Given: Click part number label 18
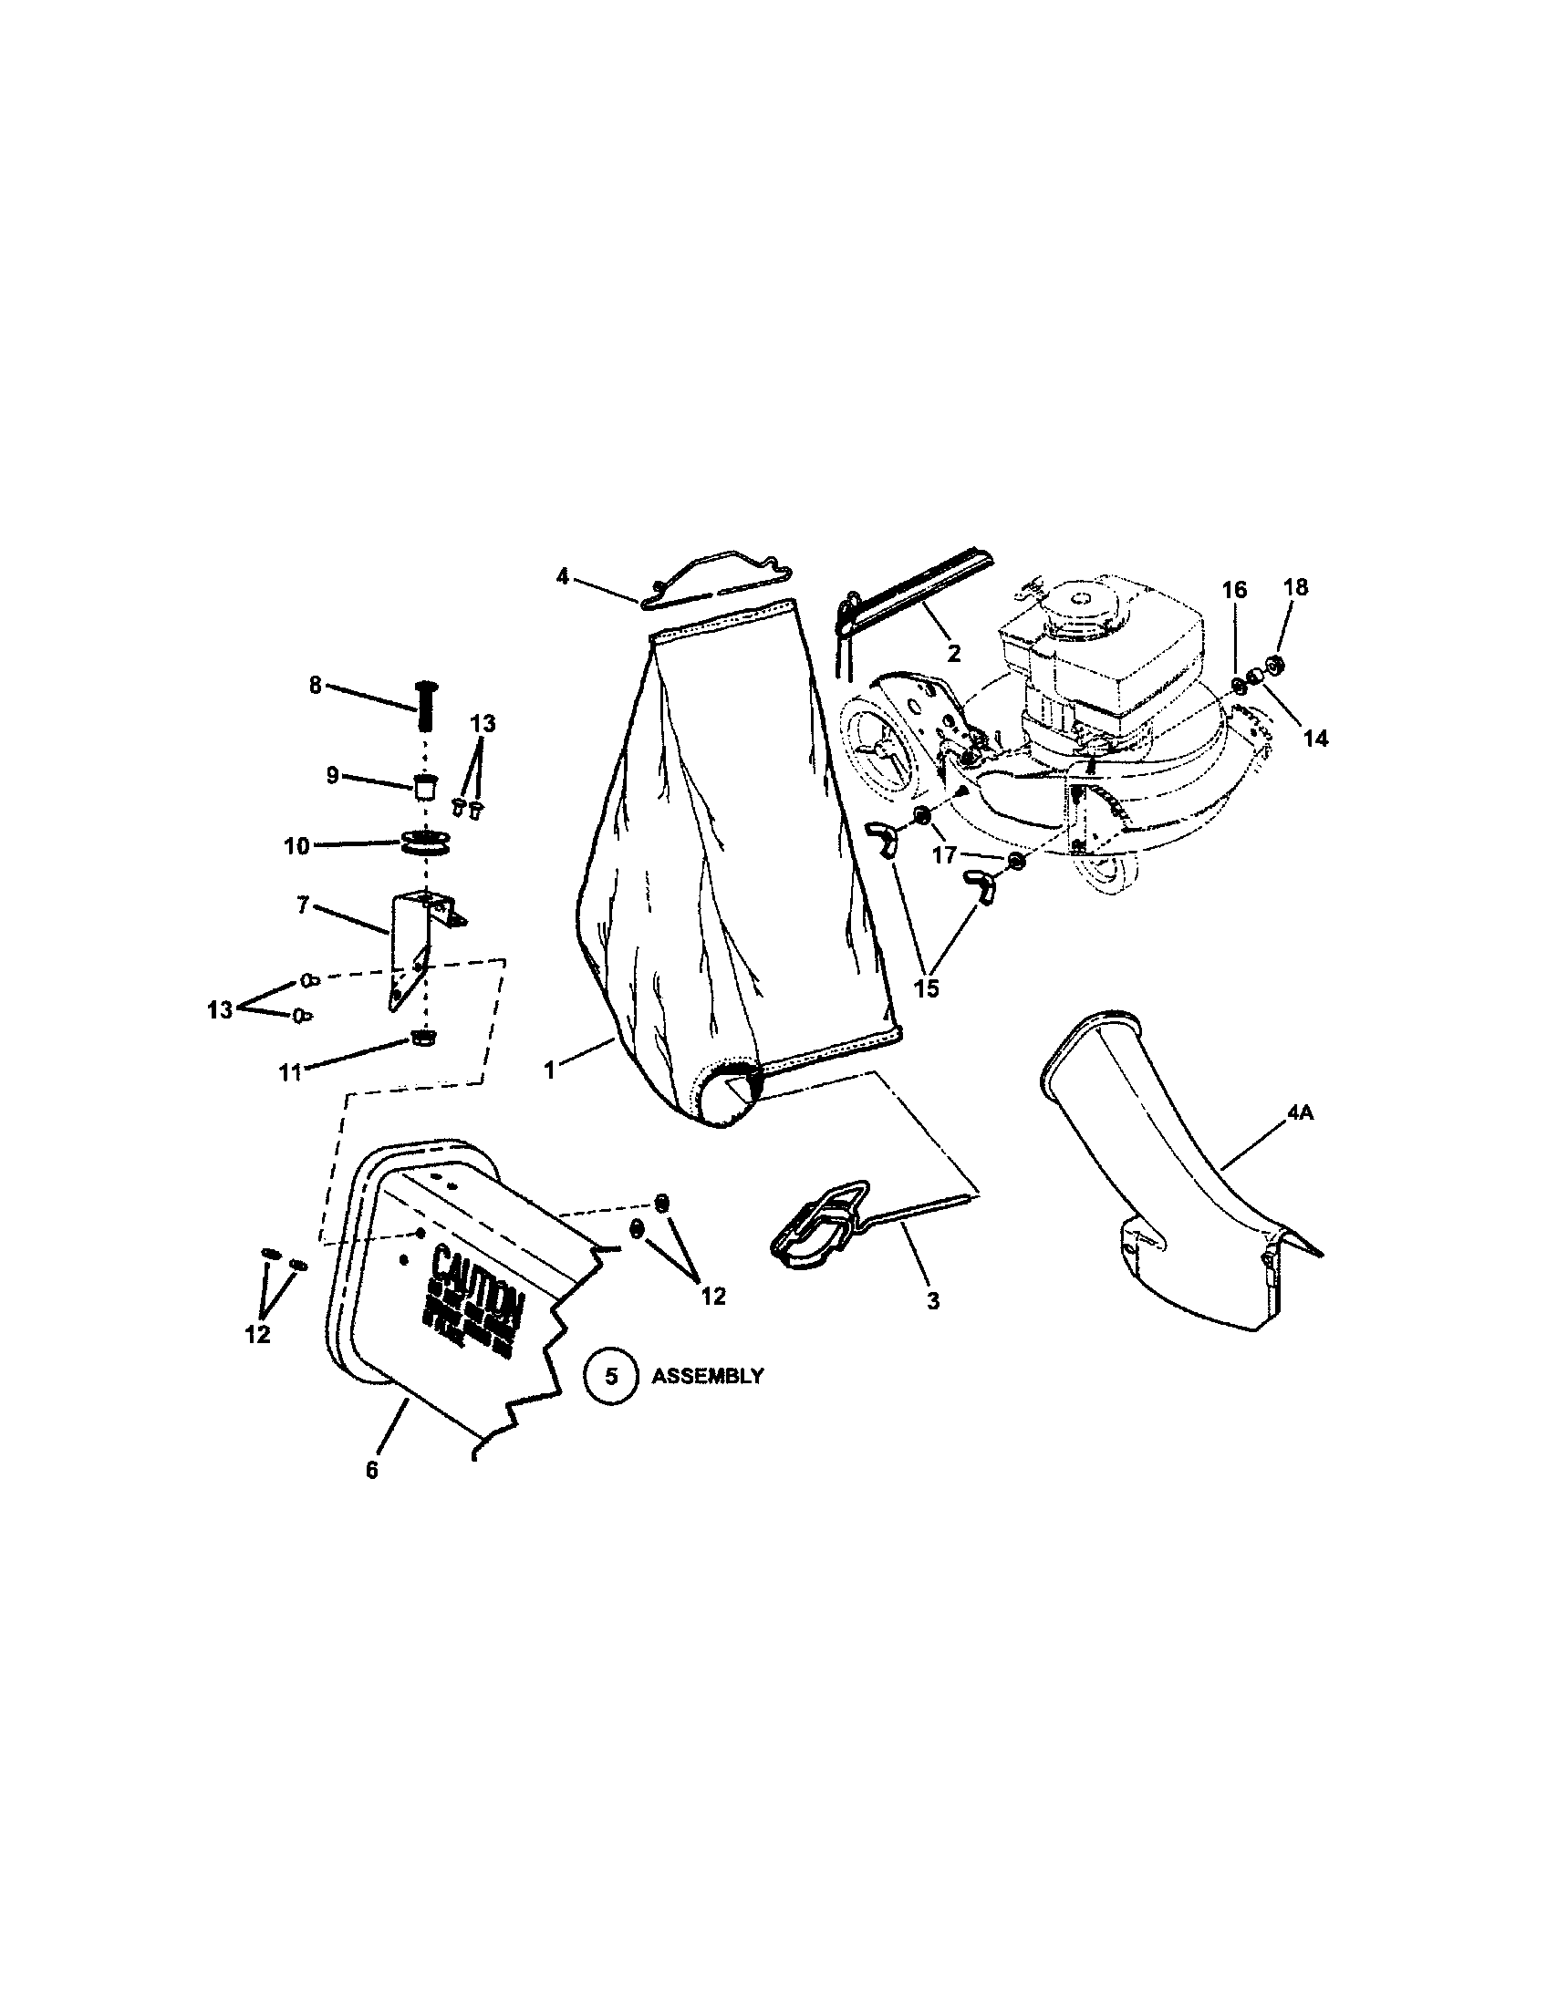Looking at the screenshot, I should click(x=1295, y=587).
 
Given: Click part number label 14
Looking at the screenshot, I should click(x=1315, y=738).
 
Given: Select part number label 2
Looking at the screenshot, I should click(x=953, y=653).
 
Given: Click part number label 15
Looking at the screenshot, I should click(x=927, y=988).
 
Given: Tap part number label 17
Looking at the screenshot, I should click(x=945, y=854).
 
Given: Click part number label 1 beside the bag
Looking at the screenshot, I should click(x=549, y=1070).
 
